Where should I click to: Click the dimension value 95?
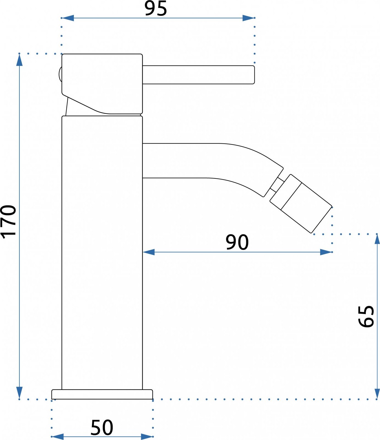coord(156,9)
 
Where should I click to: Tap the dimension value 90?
coord(237,242)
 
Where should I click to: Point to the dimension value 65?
coord(366,316)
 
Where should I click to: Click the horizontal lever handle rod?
coord(198,75)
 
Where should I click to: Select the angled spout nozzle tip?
coord(301,204)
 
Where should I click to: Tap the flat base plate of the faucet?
coord(102,394)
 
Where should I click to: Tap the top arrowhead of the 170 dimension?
coord(19,60)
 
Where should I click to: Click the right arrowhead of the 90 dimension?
coord(326,252)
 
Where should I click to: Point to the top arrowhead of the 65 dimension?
coord(377,240)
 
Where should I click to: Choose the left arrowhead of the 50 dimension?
coord(58,436)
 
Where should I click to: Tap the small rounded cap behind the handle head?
coord(60,74)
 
